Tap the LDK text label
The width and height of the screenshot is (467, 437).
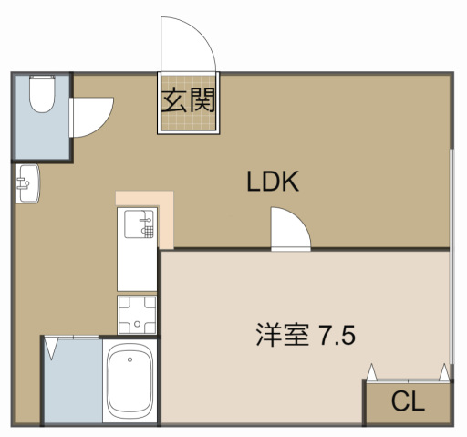[x=273, y=182]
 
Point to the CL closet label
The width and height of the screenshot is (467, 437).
[x=408, y=401]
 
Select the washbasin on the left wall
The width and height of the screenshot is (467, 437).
[x=26, y=184]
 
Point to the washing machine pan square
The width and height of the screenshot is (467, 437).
[x=137, y=316]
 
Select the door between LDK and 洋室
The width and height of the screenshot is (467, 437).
[x=290, y=229]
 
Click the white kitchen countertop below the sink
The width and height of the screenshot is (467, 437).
[x=137, y=265]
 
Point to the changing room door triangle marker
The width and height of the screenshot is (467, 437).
[x=54, y=348]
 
